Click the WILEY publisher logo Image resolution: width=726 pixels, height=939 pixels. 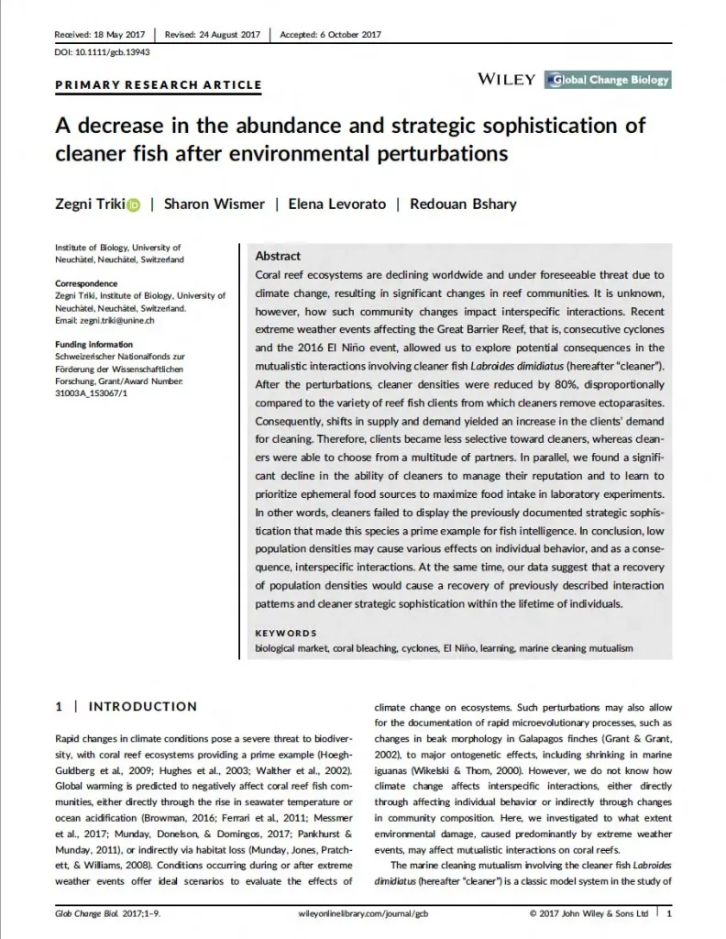506,80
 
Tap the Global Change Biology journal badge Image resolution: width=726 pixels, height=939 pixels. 607,80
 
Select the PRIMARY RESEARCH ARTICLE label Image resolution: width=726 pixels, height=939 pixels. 159,85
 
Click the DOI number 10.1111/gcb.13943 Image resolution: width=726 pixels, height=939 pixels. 102,52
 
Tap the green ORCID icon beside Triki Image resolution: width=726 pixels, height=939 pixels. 133,204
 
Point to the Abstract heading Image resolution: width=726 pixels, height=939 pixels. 278,257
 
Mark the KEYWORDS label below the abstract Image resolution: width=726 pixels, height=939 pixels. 285,633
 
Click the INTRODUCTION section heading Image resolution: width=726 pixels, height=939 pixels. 141,706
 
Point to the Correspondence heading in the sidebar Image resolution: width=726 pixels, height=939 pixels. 86,283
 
